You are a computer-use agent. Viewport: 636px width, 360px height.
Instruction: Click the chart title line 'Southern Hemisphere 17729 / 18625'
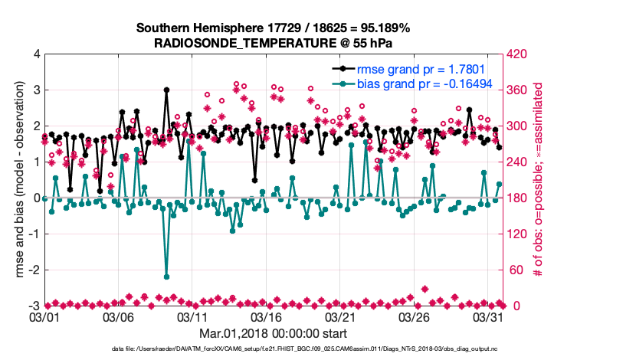[x=274, y=28]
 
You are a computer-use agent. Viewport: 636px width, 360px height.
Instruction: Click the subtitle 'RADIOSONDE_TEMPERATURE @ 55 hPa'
[x=274, y=43]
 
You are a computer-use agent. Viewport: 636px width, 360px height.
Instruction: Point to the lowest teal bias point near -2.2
[x=166, y=277]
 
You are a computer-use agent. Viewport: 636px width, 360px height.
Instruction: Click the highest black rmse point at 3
[x=166, y=90]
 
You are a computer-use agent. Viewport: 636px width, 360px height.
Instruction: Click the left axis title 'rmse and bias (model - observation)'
[x=19, y=180]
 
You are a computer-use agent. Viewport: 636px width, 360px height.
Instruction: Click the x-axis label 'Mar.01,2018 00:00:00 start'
[x=274, y=334]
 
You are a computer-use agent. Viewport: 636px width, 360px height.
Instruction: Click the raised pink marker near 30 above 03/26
[x=425, y=289]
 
